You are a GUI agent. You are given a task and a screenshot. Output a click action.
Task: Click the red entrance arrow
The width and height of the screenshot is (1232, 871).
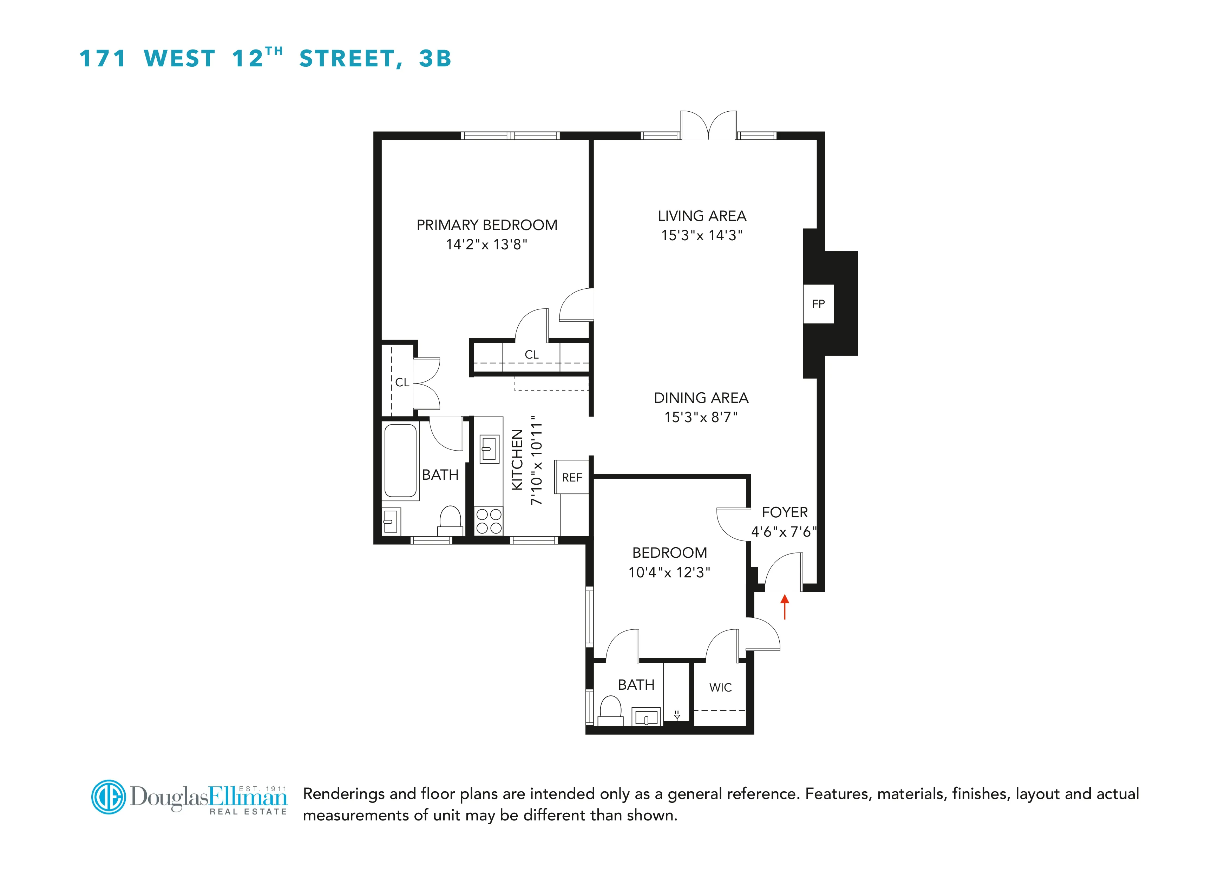[785, 607]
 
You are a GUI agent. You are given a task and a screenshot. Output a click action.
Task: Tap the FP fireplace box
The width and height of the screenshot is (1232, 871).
[818, 304]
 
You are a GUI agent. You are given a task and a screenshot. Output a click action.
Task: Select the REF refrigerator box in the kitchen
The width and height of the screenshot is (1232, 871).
[572, 477]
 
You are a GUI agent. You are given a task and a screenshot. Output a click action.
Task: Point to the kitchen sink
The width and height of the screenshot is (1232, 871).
[489, 448]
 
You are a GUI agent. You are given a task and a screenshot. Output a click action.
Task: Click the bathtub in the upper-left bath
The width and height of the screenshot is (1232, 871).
[400, 460]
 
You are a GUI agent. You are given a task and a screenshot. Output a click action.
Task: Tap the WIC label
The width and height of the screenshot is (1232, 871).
[720, 687]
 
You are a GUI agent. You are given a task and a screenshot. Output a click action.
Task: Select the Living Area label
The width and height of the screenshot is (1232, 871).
[702, 216]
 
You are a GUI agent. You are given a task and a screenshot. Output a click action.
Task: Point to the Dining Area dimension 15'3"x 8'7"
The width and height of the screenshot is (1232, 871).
[701, 417]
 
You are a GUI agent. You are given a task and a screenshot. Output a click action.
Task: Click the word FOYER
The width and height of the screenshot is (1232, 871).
[785, 512]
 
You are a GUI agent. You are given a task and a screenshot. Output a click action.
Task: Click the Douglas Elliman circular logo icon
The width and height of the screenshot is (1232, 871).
[109, 797]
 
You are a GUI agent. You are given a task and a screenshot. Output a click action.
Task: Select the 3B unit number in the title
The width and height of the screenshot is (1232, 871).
[435, 59]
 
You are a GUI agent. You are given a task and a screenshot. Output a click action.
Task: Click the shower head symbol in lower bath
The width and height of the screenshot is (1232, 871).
[677, 715]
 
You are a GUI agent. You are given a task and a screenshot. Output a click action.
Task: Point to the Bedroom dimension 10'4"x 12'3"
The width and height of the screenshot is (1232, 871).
[669, 572]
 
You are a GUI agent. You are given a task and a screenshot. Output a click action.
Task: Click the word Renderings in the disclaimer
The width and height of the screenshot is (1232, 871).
[343, 794]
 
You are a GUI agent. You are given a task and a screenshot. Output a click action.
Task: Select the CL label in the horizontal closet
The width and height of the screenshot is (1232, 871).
[531, 355]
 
